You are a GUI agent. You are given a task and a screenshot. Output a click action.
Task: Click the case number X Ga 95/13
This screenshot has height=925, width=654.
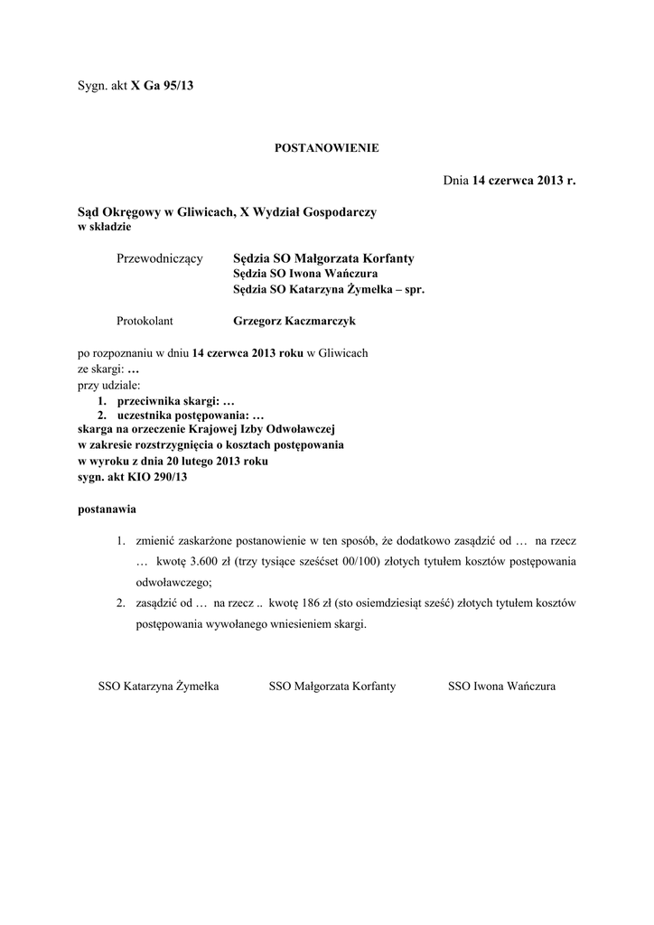(163, 86)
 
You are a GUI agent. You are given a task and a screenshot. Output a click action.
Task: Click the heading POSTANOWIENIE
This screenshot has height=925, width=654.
(327, 147)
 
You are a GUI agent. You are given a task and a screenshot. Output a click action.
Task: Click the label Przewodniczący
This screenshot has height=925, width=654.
(160, 259)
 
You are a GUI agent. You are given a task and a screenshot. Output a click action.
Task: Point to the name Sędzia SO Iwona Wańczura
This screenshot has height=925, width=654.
(305, 274)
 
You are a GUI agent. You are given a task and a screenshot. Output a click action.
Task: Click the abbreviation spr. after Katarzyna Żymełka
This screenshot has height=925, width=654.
(412, 290)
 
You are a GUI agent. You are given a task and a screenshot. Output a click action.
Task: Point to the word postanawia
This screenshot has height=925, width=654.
(107, 509)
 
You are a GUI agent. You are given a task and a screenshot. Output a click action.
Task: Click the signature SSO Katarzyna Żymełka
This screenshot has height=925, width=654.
(158, 687)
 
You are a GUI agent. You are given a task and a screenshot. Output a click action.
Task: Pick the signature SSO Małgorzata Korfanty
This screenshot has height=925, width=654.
(332, 687)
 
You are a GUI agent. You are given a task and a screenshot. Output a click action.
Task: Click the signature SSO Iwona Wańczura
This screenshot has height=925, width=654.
(501, 687)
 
